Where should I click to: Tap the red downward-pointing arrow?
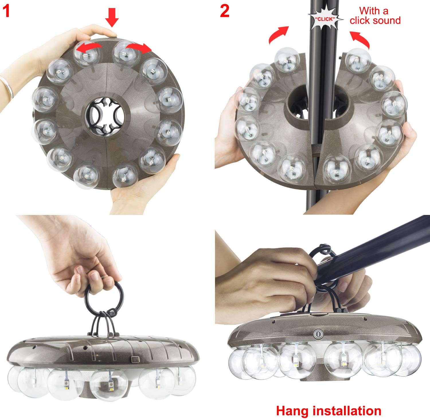click(112, 17)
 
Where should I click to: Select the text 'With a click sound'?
click(375, 16)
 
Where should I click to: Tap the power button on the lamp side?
click(317, 334)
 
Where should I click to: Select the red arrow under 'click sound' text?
click(360, 40)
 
